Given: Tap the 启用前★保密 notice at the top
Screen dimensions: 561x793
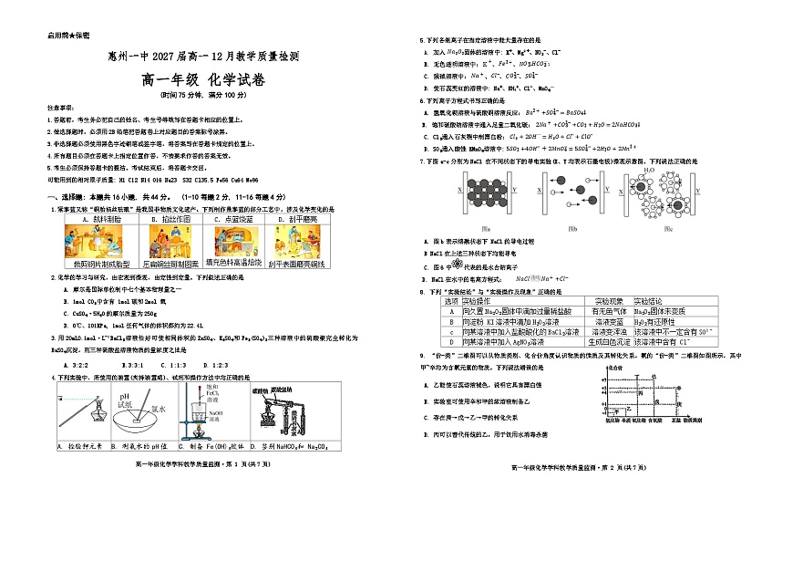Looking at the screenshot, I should click(x=67, y=36).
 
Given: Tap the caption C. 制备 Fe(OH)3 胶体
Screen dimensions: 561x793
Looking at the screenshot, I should click(x=211, y=447).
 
